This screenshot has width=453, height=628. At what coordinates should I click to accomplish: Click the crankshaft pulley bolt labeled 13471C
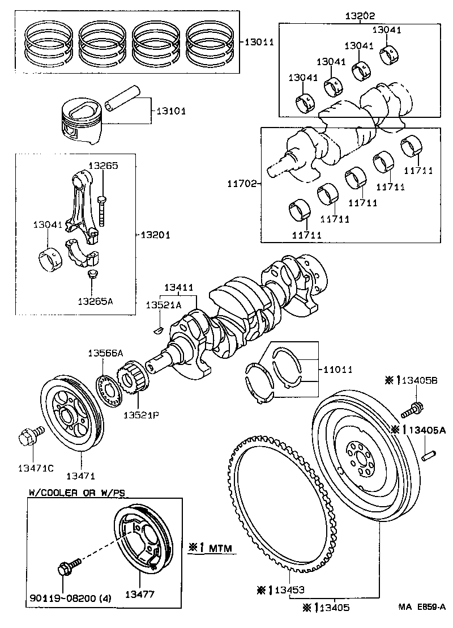[x=26, y=436]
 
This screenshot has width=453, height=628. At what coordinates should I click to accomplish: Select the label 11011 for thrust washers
[x=337, y=370]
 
